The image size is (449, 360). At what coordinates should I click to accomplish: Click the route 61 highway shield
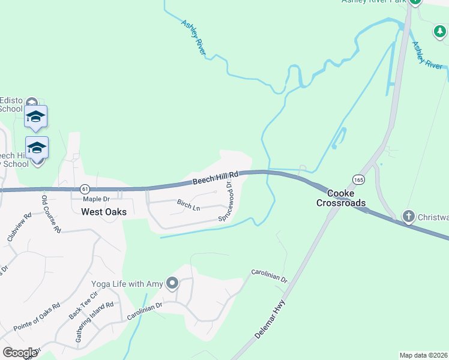pos(84,188)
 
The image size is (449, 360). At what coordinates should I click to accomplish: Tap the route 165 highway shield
pos(358,179)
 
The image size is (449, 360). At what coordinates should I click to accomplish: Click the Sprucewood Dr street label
pos(226,203)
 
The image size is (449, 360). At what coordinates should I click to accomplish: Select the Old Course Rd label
pos(51,213)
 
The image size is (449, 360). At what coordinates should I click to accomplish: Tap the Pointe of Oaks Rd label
pos(36,316)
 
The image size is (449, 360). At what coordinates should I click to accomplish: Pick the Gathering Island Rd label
pos(94,322)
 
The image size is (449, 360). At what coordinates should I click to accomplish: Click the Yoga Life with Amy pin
pos(173,283)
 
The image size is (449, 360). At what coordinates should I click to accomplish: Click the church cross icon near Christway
pos(408,217)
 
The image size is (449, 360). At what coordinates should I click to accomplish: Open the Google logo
pos(20,353)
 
